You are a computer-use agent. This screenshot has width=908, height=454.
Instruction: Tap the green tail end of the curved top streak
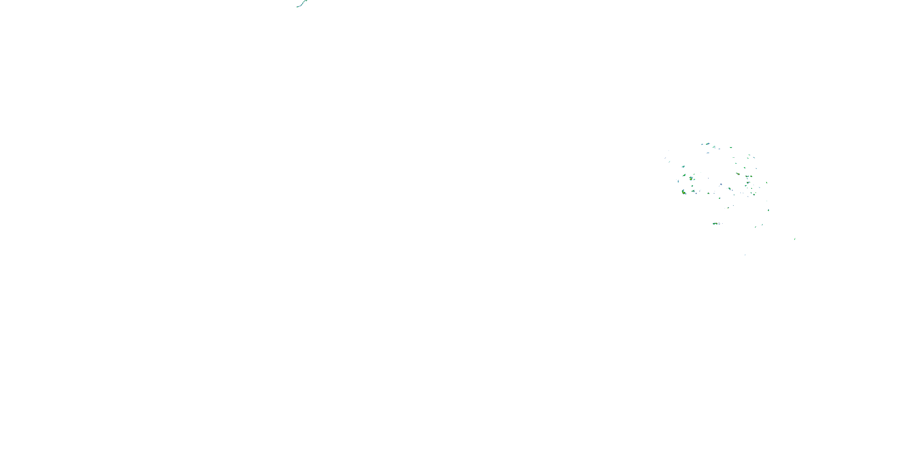(x=298, y=6)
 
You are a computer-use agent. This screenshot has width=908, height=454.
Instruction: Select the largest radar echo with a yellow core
(x=684, y=192)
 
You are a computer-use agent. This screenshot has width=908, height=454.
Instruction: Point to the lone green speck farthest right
(x=794, y=239)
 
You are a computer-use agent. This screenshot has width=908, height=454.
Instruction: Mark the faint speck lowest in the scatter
(x=745, y=255)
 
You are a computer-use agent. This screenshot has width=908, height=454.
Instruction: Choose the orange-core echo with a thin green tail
(x=738, y=174)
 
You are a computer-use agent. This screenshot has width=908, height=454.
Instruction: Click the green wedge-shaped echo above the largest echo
(x=684, y=175)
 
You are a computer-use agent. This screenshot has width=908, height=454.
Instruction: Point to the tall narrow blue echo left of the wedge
(x=678, y=181)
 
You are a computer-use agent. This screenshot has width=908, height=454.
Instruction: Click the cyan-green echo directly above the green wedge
(x=683, y=166)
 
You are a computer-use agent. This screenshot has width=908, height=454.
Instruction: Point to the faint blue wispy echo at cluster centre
(x=721, y=184)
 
